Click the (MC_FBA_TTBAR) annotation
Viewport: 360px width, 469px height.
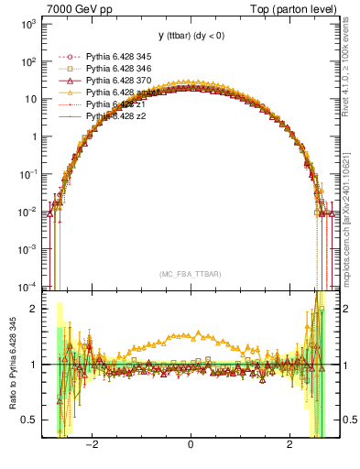tap(190, 274)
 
